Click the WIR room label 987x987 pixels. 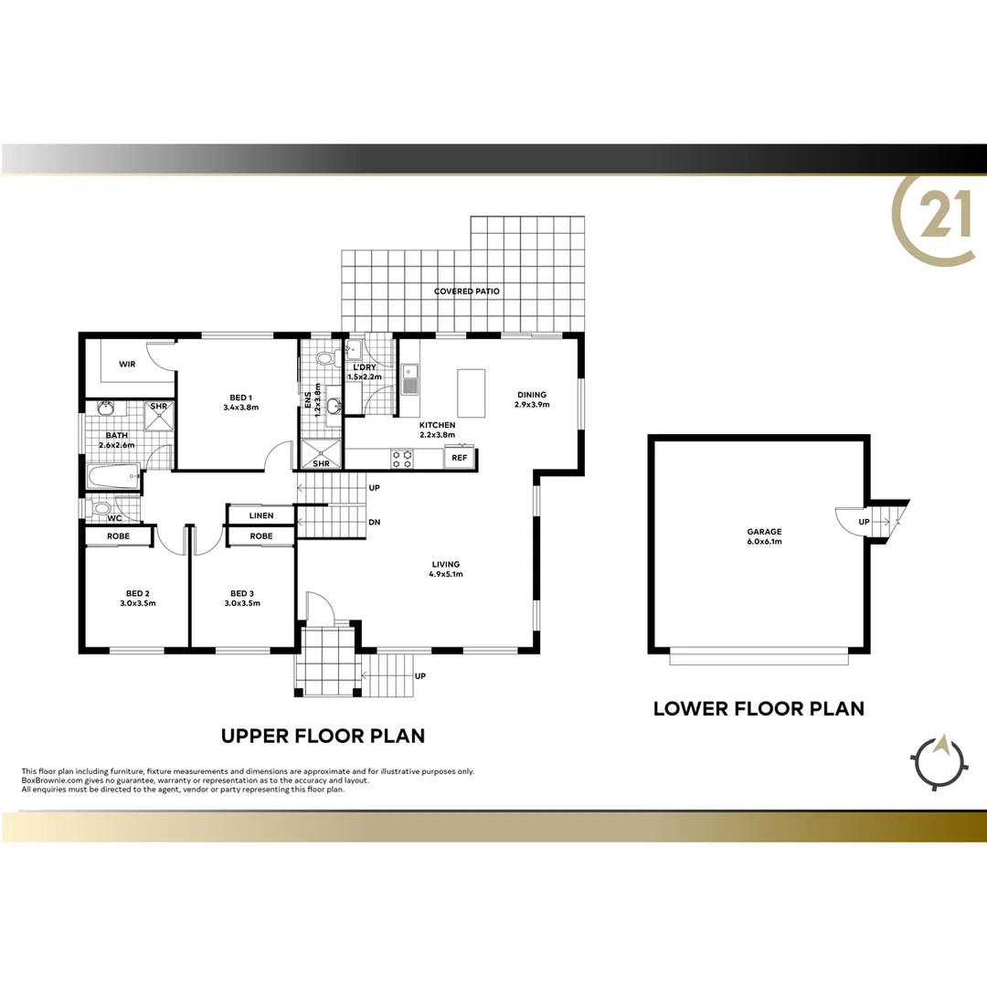click(127, 364)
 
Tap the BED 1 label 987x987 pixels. click(240, 398)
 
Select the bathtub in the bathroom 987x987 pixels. click(111, 475)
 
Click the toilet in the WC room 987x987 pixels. click(102, 508)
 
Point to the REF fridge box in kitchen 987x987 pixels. click(460, 457)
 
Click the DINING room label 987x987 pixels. click(530, 395)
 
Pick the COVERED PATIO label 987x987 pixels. click(467, 292)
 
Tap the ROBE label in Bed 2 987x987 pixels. click(118, 536)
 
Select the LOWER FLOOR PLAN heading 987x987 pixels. click(759, 708)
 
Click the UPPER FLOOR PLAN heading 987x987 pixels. click(323, 736)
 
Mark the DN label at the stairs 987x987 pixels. click(374, 523)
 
